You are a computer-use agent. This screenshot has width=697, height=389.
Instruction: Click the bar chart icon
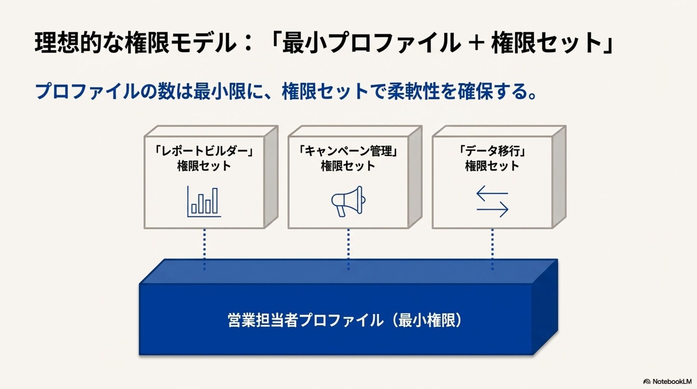[204, 201]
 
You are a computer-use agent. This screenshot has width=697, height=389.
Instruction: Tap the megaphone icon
[348, 201]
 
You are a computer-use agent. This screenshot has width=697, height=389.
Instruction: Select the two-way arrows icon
[492, 201]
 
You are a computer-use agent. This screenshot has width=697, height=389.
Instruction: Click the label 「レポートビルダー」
[204, 151]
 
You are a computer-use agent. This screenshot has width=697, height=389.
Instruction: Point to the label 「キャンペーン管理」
[348, 151]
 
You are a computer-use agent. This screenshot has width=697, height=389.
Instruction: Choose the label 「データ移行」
[492, 151]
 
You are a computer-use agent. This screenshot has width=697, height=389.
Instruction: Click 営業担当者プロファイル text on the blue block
[305, 320]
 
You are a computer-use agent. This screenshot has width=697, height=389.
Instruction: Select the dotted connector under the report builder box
[204, 249]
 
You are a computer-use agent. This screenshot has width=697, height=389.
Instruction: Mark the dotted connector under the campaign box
[348, 249]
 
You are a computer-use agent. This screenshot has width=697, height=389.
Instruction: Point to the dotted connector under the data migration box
[492, 249]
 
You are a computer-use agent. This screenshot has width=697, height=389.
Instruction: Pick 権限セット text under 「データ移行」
[492, 166]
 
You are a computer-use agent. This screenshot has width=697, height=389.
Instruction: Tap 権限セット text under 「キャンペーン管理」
[348, 166]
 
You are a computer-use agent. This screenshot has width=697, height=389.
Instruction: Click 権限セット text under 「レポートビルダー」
[204, 166]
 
